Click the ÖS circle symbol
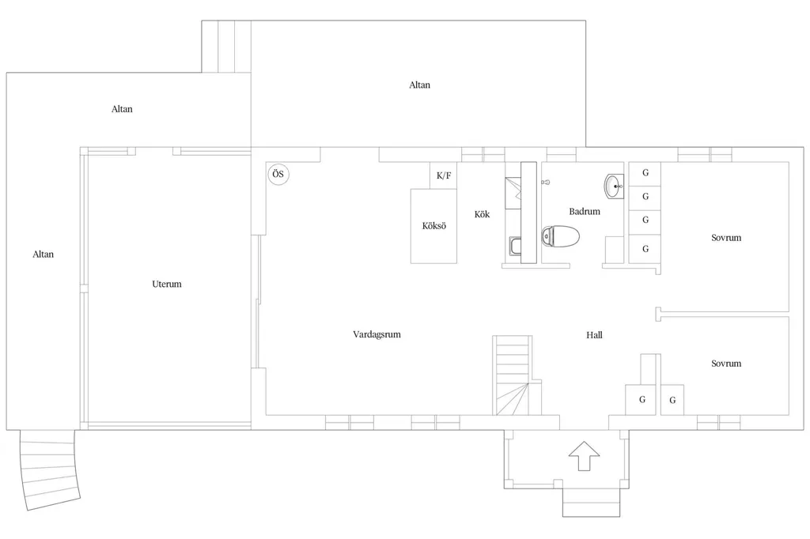point(278,174)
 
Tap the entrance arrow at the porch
point(585,456)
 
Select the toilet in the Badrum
point(560,236)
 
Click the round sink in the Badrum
point(614,186)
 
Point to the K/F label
point(444,175)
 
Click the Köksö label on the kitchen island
point(434,225)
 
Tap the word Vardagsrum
point(377,334)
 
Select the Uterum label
point(167,284)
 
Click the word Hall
point(594,335)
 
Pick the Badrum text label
point(585,211)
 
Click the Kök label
point(482,213)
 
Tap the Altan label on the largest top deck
point(419,85)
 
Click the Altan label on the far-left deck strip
point(43,254)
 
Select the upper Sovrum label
point(726,238)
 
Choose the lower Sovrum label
point(726,364)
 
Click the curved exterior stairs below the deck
point(50,469)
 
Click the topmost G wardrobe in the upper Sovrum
point(645,174)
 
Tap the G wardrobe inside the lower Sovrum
point(672,400)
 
